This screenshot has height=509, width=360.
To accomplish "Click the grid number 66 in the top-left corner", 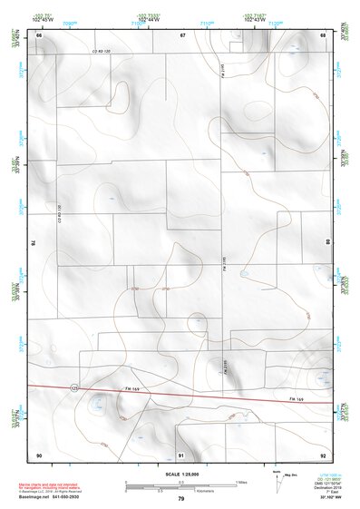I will click(39, 34).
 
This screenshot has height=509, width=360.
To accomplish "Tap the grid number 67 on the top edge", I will click(182, 34).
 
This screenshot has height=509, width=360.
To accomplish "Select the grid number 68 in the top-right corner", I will click(323, 34).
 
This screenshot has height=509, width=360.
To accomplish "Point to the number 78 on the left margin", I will click(33, 243).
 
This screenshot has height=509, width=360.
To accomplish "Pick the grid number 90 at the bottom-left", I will click(39, 454).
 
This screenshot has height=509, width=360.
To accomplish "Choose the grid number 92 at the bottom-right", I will click(323, 454).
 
